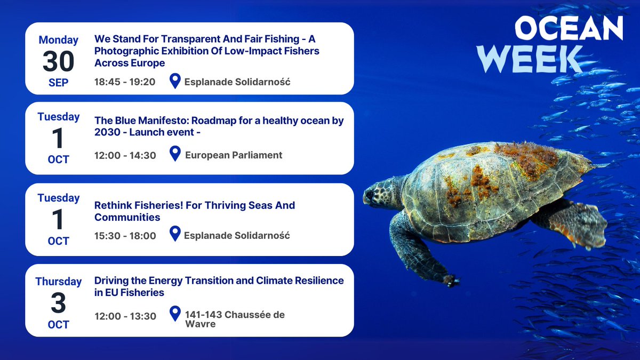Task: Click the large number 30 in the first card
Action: click(x=59, y=62)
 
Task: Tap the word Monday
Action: click(x=59, y=40)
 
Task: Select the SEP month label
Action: click(x=59, y=83)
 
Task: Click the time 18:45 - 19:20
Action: click(x=125, y=82)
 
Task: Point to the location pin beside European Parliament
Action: click(x=175, y=154)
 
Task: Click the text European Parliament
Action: click(x=234, y=155)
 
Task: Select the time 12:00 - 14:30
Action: click(x=125, y=155)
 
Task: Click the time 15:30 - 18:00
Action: click(x=125, y=236)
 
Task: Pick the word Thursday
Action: click(x=59, y=282)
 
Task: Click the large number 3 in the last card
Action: click(x=59, y=303)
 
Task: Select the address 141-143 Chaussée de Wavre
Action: click(x=235, y=319)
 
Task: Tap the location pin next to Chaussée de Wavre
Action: click(x=175, y=314)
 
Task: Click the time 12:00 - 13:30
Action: click(x=125, y=316)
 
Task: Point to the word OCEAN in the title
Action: click(x=568, y=28)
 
